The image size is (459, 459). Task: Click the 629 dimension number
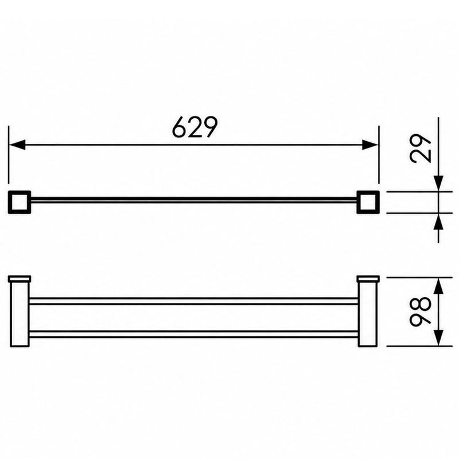[x=195, y=127]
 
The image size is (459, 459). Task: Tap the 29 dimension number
[x=421, y=148]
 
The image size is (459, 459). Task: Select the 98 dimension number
[x=421, y=312]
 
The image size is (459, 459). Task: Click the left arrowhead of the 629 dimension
[x=17, y=145]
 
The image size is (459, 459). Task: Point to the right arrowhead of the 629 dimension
[x=370, y=145]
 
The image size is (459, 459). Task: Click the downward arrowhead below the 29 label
[x=438, y=184]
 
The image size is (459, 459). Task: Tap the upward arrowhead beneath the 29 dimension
[x=438, y=221]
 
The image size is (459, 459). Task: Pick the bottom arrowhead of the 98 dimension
[x=438, y=338]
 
